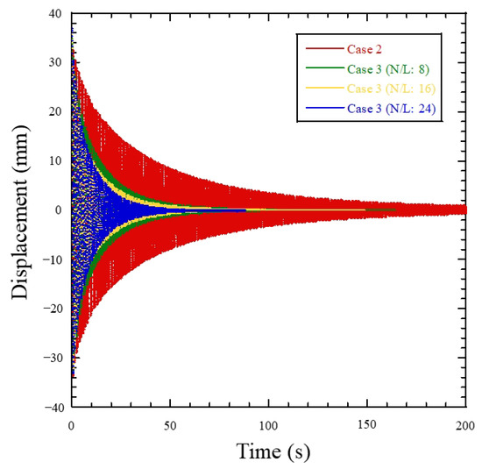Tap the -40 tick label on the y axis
53,408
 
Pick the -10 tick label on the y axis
53,259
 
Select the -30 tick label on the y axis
53,359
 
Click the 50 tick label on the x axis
170,424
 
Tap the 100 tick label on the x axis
269,424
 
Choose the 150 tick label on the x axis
368,424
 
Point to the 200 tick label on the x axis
466,424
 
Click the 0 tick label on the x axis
71,424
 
